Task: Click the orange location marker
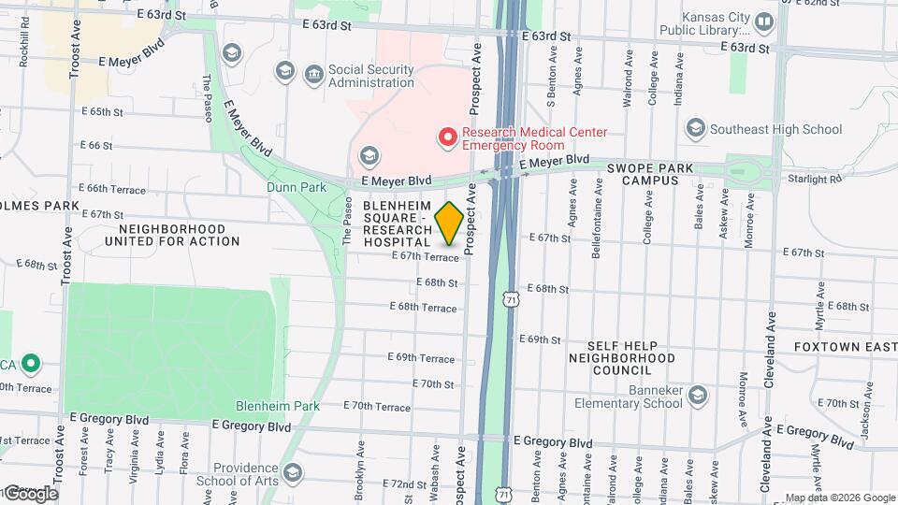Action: [448, 223]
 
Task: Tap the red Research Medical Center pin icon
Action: [448, 138]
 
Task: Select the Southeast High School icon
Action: [695, 128]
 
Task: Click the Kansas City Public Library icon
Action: [765, 22]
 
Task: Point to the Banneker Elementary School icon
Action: [697, 396]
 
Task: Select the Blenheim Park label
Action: [279, 406]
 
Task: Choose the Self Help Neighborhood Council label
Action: [622, 357]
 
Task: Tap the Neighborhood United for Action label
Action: [172, 235]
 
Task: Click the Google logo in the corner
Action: [30, 493]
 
